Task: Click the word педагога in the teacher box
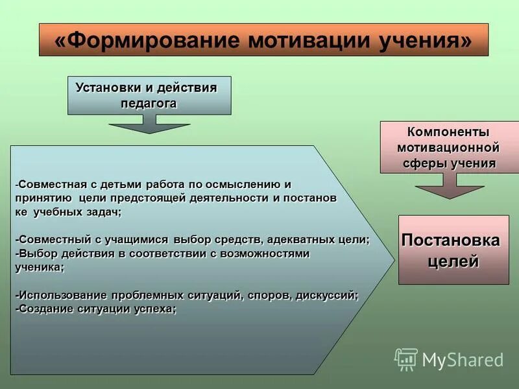click(x=149, y=103)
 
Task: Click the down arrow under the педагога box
click(x=149, y=124)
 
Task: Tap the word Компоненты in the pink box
click(x=448, y=132)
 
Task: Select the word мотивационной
click(x=448, y=147)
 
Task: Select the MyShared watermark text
click(x=463, y=360)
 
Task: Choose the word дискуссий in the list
click(x=326, y=295)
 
